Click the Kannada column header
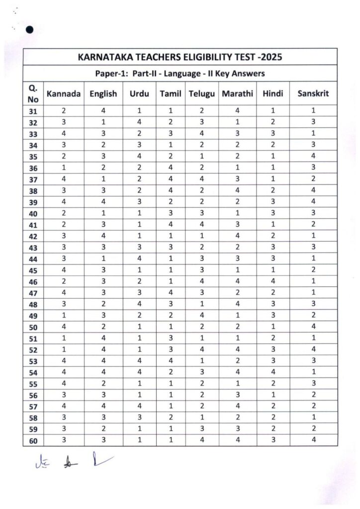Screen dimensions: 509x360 [x=63, y=94]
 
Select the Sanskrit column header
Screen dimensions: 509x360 [x=313, y=94]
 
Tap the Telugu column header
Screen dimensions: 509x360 [x=201, y=94]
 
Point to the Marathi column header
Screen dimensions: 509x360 [x=238, y=94]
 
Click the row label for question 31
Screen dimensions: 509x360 [x=33, y=111]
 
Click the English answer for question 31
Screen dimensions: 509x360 [x=103, y=111]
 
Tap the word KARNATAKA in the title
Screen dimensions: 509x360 [x=102, y=57]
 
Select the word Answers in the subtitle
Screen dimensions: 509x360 [x=246, y=74]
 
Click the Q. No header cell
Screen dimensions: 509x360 [x=33, y=93]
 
